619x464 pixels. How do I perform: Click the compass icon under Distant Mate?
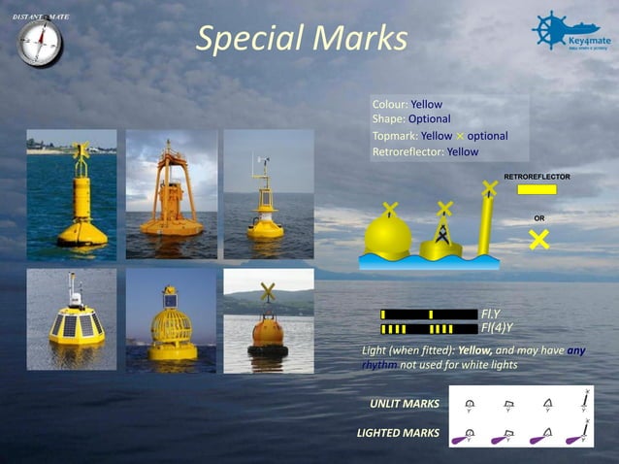pos(40,45)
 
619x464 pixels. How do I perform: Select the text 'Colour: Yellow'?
pos(407,104)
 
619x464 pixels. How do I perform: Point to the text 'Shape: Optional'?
pos(410,119)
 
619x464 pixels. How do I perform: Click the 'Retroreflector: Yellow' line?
pos(425,151)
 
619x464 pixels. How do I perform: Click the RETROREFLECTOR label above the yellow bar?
pos(536,177)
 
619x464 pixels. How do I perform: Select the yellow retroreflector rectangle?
pos(537,190)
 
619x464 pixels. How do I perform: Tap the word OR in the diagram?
pos(539,218)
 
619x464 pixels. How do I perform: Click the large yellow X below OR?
pos(539,238)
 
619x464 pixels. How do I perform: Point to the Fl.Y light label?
pos(490,315)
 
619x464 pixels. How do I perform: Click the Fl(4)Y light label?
pos(496,328)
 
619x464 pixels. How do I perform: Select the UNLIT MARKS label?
pos(404,403)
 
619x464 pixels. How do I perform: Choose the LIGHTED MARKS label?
pos(398,432)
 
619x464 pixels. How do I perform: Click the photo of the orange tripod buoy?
pos(172,194)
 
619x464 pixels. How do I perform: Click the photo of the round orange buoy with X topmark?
pos(268,321)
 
